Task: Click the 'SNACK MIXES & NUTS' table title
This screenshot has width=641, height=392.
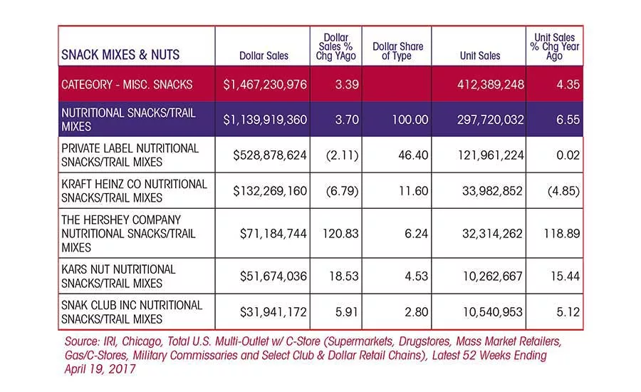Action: pyautogui.click(x=120, y=55)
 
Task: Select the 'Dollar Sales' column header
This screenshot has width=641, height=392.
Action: pyautogui.click(x=264, y=56)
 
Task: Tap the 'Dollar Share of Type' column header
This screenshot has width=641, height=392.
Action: pyautogui.click(x=397, y=51)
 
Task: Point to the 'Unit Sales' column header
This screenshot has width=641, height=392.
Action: pyautogui.click(x=480, y=56)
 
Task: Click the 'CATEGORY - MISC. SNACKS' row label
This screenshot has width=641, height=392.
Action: pyautogui.click(x=127, y=85)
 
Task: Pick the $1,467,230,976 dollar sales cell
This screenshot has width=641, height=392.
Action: pyautogui.click(x=265, y=85)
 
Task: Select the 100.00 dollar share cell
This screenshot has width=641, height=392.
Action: pyautogui.click(x=410, y=120)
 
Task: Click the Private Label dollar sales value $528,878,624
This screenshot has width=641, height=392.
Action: pyautogui.click(x=270, y=155)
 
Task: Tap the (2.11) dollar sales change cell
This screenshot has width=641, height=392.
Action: pyautogui.click(x=342, y=155)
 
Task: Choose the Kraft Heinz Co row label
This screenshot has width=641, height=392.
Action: pyautogui.click(x=134, y=191)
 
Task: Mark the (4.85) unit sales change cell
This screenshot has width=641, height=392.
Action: pyautogui.click(x=563, y=191)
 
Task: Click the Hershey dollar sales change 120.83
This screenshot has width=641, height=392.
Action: pyautogui.click(x=340, y=234)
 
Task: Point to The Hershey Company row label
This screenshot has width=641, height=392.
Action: pyautogui.click(x=128, y=234)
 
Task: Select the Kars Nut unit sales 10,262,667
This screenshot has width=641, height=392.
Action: pyautogui.click(x=492, y=277)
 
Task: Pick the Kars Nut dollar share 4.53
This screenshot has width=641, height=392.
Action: pyautogui.click(x=416, y=277)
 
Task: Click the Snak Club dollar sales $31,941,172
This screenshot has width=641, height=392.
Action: pyautogui.click(x=273, y=312)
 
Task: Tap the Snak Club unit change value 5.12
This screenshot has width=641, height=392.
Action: pyautogui.click(x=568, y=312)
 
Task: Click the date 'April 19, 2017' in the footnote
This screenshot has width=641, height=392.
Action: pyautogui.click(x=100, y=369)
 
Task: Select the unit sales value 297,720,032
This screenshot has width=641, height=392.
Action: pyautogui.click(x=491, y=120)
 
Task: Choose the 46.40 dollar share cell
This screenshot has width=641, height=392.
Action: pyautogui.click(x=413, y=155)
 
